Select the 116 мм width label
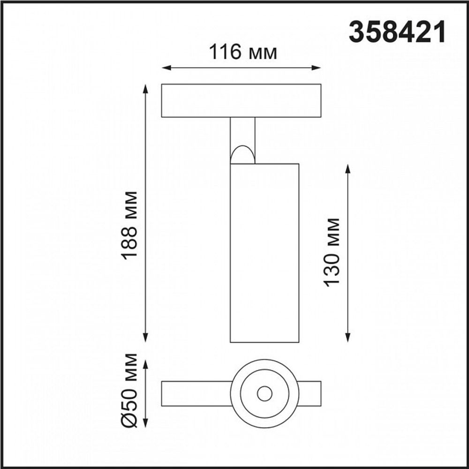pos(242,53)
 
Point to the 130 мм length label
pos(332,252)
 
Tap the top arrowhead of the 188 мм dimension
pos(146,89)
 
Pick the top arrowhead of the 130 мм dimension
pos(348,168)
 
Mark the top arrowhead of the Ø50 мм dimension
pos(146,364)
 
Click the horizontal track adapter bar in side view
pos(241,100)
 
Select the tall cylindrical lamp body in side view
pos(264,253)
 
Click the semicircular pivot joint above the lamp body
pos(242,155)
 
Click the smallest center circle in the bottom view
pos(265,394)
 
